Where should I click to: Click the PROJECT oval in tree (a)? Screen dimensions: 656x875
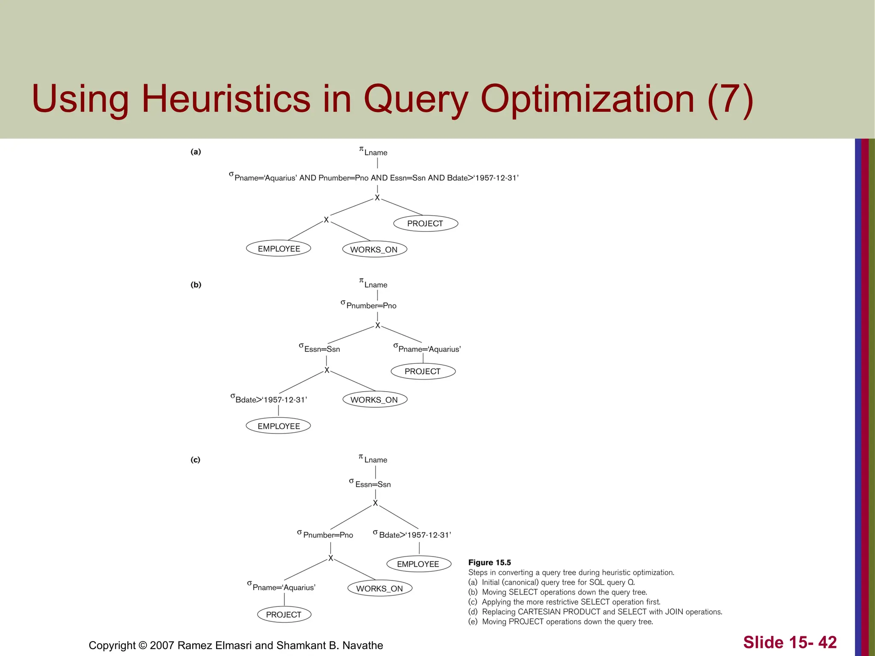tap(425, 223)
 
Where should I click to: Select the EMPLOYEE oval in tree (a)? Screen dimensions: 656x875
tap(279, 249)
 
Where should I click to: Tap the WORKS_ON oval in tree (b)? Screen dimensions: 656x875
tap(375, 400)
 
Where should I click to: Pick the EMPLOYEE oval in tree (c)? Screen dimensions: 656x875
tap(418, 564)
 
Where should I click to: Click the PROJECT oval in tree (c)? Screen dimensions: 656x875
tap(284, 615)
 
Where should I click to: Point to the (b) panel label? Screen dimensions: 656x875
tap(196, 285)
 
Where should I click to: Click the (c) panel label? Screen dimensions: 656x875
tap(195, 460)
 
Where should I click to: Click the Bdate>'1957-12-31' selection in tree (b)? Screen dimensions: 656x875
tap(269, 400)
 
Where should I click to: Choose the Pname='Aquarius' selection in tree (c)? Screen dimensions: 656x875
tap(282, 587)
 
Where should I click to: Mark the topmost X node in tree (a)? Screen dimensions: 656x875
tap(377, 198)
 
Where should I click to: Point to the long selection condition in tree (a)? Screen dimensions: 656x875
tap(374, 178)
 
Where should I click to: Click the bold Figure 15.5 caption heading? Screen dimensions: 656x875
tap(490, 562)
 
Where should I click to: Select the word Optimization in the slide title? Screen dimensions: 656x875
tap(587, 99)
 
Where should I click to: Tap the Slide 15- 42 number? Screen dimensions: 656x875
tap(790, 642)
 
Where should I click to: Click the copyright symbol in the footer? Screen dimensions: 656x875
tap(143, 645)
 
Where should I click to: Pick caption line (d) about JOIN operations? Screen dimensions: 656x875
tap(595, 612)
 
